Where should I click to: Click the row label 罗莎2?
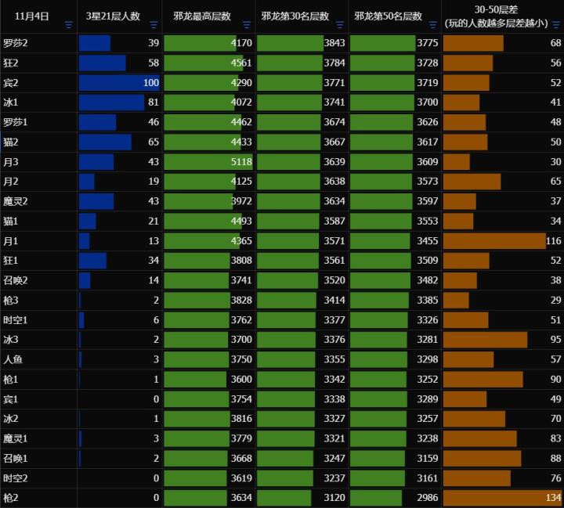(x=15, y=43)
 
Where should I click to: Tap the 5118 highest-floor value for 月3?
(x=241, y=162)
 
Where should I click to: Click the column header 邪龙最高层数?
(x=202, y=16)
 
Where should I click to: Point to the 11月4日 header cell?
(x=32, y=16)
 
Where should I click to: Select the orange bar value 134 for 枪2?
(x=553, y=498)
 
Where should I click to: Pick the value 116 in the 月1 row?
(x=553, y=241)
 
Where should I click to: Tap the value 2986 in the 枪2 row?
(x=427, y=498)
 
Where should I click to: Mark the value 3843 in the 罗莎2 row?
(x=334, y=43)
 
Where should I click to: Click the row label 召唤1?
(x=15, y=458)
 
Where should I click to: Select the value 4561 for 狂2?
(x=241, y=63)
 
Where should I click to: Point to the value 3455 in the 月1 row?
(x=427, y=241)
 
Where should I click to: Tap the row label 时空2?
(x=15, y=478)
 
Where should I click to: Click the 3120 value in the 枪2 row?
(x=334, y=498)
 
